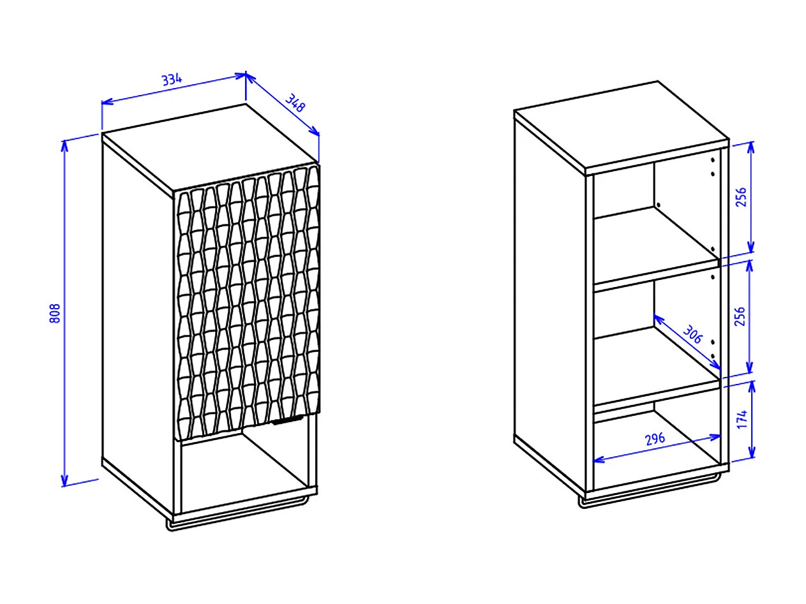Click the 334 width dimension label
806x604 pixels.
pos(172,79)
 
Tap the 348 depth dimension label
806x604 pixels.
pos(295,103)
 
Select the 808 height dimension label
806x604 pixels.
pos(54,313)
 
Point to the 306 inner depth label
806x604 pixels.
pos(692,334)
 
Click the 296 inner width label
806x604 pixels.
pos(655,439)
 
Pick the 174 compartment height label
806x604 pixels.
pos(742,419)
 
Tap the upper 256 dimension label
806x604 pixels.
pos(742,197)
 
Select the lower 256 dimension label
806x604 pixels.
pos(740,316)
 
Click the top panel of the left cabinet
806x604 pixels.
pos(209,147)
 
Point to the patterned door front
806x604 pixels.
pos(247,302)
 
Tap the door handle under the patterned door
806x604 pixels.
pos(288,421)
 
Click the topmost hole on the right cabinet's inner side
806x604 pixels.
pos(713,160)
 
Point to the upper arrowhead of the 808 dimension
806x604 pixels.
pos(64,145)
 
